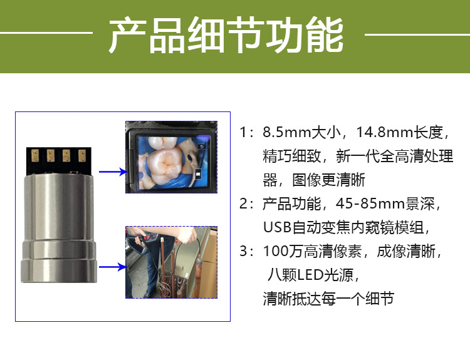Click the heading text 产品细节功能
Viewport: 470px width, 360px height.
[x=226, y=36]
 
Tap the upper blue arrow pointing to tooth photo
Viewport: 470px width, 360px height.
[x=113, y=171]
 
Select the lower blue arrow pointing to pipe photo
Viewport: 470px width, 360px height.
[x=113, y=267]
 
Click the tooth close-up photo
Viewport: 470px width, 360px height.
[x=170, y=157]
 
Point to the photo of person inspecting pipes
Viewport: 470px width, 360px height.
[x=170, y=262]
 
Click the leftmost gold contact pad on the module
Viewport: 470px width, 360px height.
[x=36, y=155]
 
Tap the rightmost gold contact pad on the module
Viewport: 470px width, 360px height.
[x=81, y=155]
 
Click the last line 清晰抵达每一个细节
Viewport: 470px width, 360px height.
[x=328, y=299]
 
